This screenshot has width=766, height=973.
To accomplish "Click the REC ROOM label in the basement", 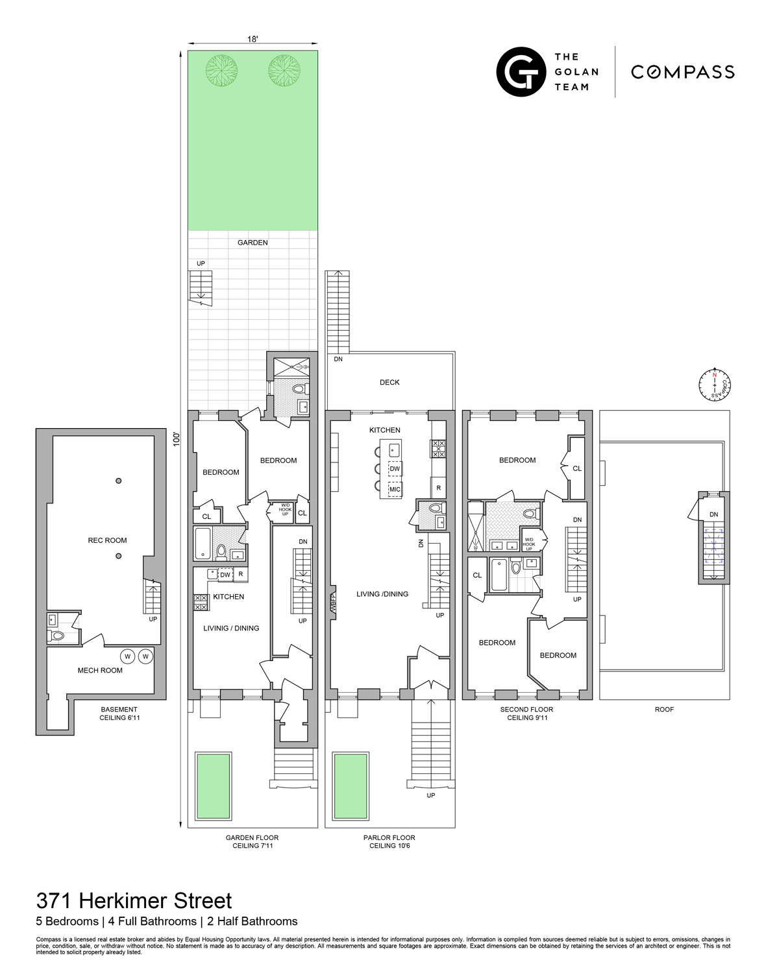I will (x=108, y=540).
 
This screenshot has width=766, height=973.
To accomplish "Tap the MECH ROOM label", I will (x=100, y=670).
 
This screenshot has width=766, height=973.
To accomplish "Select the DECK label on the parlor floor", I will (x=389, y=382).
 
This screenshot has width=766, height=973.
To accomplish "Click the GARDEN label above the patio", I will (x=253, y=243).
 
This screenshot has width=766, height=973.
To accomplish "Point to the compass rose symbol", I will (x=715, y=385).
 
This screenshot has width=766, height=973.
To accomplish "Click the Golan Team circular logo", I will (x=521, y=71).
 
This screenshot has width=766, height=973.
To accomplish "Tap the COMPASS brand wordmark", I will (x=682, y=72).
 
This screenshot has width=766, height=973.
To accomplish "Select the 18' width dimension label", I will (x=253, y=40).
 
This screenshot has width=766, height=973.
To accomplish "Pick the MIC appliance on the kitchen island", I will (x=395, y=489).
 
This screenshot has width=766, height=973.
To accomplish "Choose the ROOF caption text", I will (x=664, y=709).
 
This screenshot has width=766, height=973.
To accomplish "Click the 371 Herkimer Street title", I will (x=134, y=901).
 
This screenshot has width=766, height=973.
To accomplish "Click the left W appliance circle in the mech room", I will (x=128, y=656).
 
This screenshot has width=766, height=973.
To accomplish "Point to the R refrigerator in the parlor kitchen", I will (x=439, y=488).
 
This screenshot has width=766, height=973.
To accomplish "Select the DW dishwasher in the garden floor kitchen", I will (x=225, y=575).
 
